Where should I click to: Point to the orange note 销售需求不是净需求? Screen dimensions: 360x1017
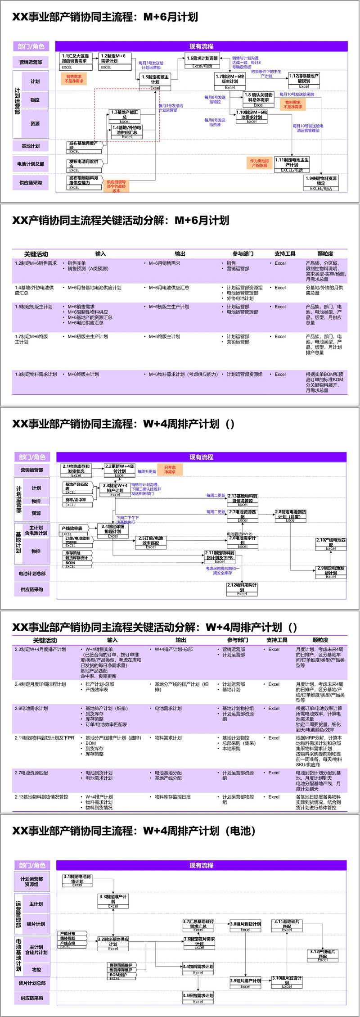(74, 79)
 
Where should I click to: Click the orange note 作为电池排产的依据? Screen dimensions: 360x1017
(259, 163)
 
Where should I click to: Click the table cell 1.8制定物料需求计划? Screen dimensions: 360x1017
(36, 374)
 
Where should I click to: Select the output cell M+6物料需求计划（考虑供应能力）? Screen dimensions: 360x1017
(183, 374)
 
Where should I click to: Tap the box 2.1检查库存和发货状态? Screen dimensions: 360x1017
(76, 470)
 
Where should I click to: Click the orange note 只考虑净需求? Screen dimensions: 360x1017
(170, 470)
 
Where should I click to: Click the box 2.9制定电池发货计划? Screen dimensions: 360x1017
(331, 570)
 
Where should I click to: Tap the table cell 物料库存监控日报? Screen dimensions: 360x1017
(173, 796)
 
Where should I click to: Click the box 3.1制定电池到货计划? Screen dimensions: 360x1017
(77, 880)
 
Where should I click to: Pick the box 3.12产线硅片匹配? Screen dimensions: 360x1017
(323, 955)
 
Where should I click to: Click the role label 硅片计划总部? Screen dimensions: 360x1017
(31, 983)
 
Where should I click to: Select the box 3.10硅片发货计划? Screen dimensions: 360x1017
(287, 981)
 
